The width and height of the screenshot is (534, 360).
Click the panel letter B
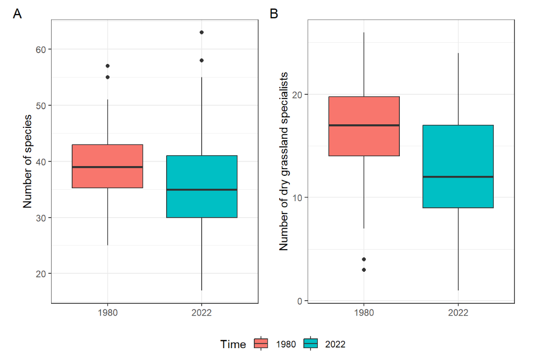pyautogui.click(x=274, y=14)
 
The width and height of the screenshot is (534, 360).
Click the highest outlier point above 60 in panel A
pyautogui.click(x=201, y=32)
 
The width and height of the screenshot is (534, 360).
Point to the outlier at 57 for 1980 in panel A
pyautogui.click(x=107, y=66)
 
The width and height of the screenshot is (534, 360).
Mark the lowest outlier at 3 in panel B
pyautogui.click(x=364, y=270)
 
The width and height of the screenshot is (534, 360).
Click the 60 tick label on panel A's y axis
pyautogui.click(x=40, y=50)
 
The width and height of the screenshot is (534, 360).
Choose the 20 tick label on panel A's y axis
pyautogui.click(x=40, y=273)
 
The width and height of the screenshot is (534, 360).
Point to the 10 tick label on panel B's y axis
pyautogui.click(x=297, y=198)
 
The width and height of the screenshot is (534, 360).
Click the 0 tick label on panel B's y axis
pyautogui.click(x=299, y=301)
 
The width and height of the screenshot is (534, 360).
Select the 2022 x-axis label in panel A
pyautogui.click(x=201, y=313)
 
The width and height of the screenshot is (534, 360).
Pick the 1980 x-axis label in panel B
pyautogui.click(x=364, y=313)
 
